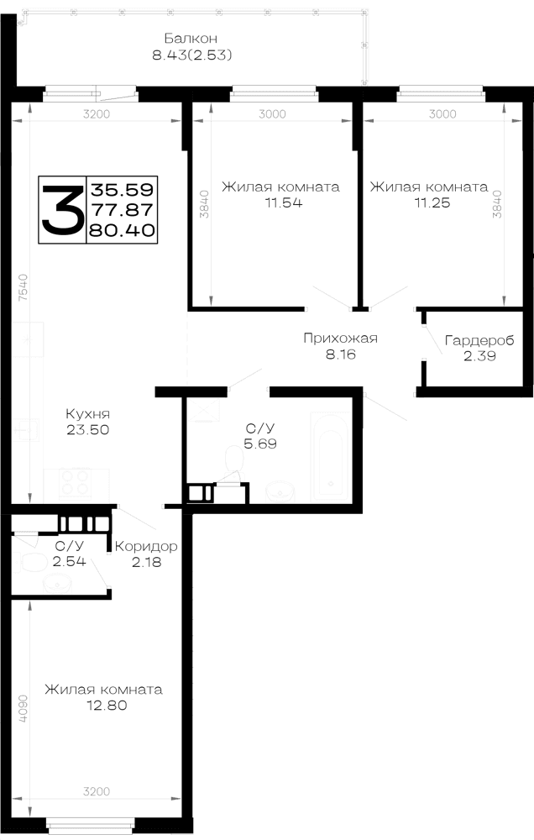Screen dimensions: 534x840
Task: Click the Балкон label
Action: point(191,39)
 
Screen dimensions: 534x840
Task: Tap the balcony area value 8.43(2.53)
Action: point(192,55)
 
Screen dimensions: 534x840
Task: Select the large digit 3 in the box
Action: point(63,209)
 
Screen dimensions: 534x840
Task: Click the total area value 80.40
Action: point(122,230)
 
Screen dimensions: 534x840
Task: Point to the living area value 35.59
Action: point(122,189)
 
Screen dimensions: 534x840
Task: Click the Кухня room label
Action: point(88,414)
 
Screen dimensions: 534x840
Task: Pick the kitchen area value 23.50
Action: point(88,429)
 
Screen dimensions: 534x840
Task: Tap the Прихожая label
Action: point(341,338)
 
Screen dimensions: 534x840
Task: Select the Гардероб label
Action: point(479,340)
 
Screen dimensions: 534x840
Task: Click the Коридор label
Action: point(146,547)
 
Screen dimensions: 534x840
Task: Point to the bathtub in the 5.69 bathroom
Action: point(331,457)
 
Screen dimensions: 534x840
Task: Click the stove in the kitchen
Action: point(76,484)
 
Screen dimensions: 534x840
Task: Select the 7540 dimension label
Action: point(23,287)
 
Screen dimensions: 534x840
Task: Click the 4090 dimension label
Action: point(23,709)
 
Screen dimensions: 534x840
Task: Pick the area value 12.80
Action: point(107,705)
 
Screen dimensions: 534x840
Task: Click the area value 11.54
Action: point(283,202)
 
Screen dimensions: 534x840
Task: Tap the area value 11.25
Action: point(432,202)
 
